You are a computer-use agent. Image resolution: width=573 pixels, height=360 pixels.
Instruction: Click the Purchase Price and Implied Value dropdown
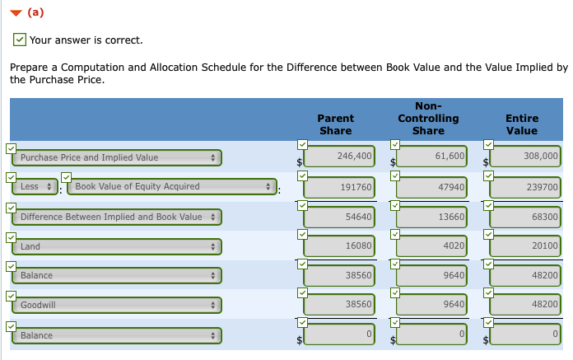(117, 157)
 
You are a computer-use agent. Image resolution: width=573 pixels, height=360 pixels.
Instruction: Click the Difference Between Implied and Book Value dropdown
(117, 217)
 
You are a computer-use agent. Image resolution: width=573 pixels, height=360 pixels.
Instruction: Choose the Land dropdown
(117, 246)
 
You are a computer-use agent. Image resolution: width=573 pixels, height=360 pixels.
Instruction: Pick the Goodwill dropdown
(117, 305)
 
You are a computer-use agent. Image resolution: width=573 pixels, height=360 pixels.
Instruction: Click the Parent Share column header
(335, 124)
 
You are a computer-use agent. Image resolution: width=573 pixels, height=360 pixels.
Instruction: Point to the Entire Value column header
(522, 124)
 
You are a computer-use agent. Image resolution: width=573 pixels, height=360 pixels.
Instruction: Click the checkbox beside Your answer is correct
(20, 40)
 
